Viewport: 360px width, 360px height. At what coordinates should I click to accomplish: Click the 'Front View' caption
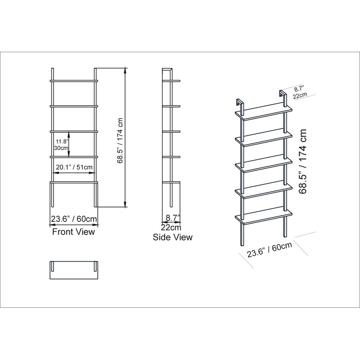[x=74, y=232]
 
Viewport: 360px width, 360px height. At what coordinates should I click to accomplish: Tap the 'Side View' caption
[x=172, y=237]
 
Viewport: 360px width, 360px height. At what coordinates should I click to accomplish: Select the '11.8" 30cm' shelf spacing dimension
[x=61, y=144]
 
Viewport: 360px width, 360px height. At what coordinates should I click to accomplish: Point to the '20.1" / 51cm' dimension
[x=74, y=167]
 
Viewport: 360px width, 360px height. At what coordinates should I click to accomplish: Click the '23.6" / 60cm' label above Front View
[x=74, y=219]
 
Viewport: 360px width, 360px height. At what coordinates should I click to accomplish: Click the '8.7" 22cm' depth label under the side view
[x=171, y=221]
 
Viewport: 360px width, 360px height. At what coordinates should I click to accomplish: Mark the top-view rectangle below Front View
[x=74, y=270]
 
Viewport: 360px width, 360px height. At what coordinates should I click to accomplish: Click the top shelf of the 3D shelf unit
[x=265, y=112]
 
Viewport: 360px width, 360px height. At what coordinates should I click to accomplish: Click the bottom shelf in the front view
[x=74, y=182]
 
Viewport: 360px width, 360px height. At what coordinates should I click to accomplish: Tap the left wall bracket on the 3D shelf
[x=239, y=103]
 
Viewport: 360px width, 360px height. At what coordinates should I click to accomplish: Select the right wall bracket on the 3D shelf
[x=283, y=94]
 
